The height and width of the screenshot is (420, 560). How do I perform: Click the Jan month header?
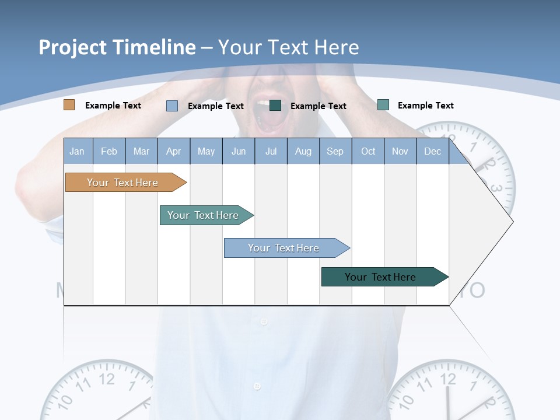point(77,151)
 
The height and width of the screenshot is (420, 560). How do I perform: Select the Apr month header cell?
point(173,151)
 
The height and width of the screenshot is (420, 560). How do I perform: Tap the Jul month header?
point(271,151)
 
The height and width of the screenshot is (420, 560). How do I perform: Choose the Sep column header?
point(335,151)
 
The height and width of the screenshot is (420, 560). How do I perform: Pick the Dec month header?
point(432,151)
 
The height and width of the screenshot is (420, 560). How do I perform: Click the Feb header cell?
point(109,151)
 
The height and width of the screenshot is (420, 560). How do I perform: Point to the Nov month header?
point(400,151)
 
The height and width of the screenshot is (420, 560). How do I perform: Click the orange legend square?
point(69,105)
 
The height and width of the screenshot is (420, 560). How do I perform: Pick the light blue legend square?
point(172,106)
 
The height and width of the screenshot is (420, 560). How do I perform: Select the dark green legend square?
point(275,105)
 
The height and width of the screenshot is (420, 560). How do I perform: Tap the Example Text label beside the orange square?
point(113,106)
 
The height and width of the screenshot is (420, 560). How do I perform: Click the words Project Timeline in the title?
point(117,47)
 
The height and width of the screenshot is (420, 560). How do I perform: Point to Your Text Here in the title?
point(289,47)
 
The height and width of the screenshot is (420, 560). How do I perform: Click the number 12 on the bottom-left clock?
point(107,379)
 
